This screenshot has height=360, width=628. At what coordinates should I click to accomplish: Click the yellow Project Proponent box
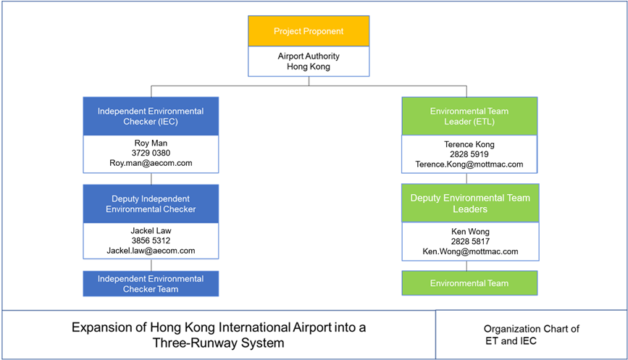pos(309,31)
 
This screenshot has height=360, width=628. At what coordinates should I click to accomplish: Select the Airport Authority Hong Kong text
pos(309,61)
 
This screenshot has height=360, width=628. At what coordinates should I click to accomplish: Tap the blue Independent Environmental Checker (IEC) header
pos(151,116)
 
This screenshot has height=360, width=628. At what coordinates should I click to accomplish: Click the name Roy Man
pos(151,143)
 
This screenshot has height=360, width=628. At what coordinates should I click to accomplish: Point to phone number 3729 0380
pos(151,154)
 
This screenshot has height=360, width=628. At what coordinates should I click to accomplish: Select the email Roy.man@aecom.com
pos(151,164)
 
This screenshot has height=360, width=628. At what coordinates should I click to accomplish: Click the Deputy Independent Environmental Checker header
pos(151,204)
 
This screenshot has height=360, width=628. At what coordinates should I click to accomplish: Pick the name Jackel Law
pos(151,231)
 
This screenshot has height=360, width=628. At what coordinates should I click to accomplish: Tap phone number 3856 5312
pos(151,241)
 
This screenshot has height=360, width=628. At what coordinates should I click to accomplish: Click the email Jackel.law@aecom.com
pos(151,251)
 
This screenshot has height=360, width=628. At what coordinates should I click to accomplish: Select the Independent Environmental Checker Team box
pos(151,284)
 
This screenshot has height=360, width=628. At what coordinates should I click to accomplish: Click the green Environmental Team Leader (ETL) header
pos(469,116)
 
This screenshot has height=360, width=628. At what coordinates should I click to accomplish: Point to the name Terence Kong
pos(469,144)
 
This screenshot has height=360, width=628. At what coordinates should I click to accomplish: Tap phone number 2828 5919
pos(469,154)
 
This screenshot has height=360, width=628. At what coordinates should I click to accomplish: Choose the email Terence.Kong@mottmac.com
pos(469,164)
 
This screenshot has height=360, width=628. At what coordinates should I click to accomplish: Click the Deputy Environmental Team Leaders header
pos(469,204)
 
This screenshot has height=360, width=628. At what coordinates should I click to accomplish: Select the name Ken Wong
pos(469,231)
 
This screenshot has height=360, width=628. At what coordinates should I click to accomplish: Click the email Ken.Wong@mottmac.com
pos(469,251)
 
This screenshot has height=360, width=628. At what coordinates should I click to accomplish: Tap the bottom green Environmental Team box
pos(469,283)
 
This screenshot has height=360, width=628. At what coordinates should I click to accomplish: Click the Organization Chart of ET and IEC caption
pos(531,334)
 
